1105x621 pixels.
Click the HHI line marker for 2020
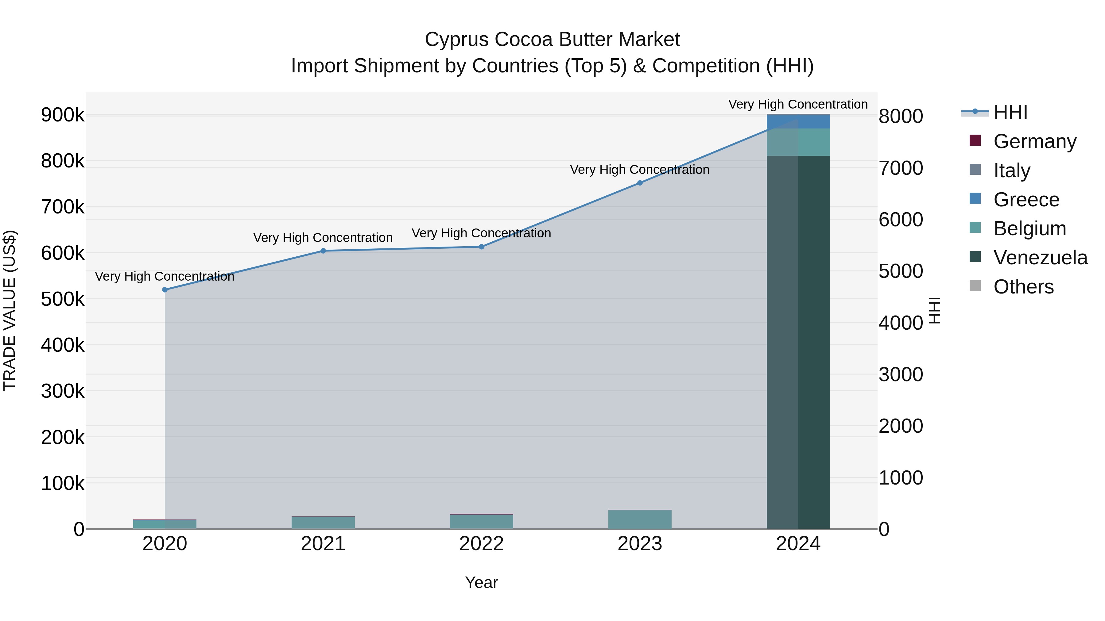(x=165, y=290)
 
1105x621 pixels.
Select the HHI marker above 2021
(x=323, y=251)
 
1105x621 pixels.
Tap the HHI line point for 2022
(x=481, y=247)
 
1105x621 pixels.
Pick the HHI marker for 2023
(x=640, y=183)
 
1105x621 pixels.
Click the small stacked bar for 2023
(x=640, y=519)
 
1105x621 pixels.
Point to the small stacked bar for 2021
(x=323, y=523)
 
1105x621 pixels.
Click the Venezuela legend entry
(x=1040, y=258)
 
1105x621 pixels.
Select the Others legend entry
(x=1023, y=287)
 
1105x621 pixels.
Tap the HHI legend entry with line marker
(x=1010, y=112)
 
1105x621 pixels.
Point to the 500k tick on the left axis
(x=63, y=299)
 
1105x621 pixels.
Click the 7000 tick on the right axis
(x=900, y=168)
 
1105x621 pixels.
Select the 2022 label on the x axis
(x=481, y=544)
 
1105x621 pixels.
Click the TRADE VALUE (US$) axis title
(x=10, y=310)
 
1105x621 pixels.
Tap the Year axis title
(x=481, y=582)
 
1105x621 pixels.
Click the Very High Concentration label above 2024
(x=798, y=104)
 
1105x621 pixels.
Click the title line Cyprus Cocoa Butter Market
(x=552, y=40)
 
